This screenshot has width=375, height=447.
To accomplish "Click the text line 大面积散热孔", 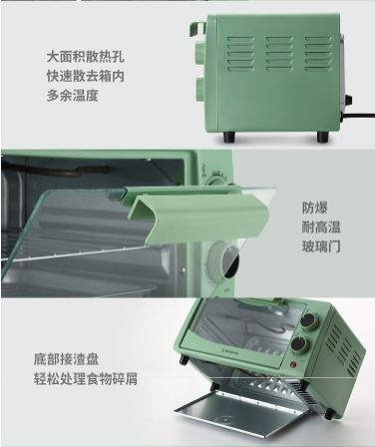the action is click(86, 57).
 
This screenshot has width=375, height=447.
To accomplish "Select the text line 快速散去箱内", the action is click(86, 76).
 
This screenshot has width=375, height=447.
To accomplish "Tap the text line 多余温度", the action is click(73, 95).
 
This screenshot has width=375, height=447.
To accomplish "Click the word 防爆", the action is click(315, 208).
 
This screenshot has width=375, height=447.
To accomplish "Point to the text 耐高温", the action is click(321, 227).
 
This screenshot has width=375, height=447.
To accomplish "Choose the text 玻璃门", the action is click(321, 246).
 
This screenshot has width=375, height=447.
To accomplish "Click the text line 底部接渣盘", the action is click(66, 359).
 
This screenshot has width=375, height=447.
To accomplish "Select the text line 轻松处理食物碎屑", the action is click(86, 379).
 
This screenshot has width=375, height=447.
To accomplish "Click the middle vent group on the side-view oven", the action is click(279, 54).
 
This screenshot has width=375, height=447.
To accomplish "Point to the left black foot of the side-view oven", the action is click(229, 137).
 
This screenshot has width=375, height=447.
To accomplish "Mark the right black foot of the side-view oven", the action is click(323, 137).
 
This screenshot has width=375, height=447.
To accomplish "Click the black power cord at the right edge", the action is click(357, 116).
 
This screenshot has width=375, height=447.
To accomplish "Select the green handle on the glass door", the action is click(197, 217).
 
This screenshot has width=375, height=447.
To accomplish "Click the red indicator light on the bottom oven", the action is click(293, 365).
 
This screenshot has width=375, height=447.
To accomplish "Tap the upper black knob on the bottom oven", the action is click(310, 321).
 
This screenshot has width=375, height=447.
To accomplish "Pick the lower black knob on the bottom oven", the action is click(300, 347).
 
